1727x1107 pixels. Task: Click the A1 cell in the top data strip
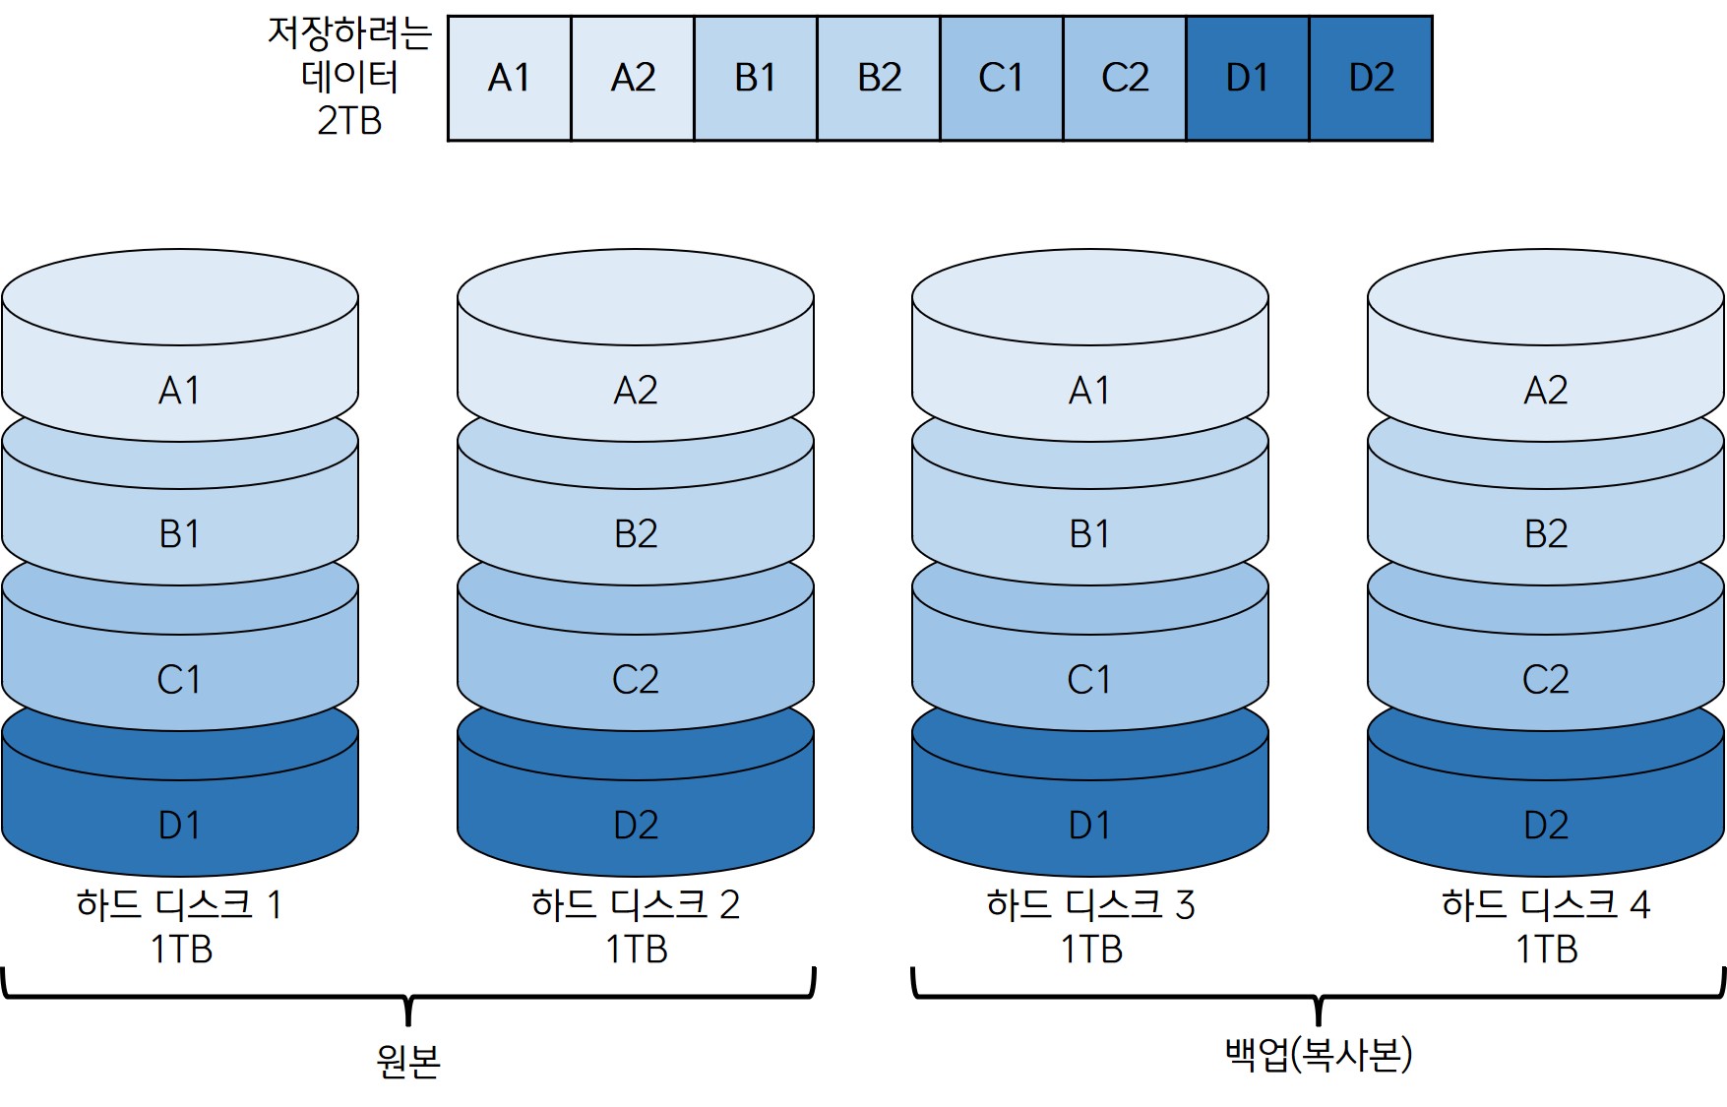pos(509,78)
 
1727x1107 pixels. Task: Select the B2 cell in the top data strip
pos(879,78)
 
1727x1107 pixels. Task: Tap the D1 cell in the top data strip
pos(1248,78)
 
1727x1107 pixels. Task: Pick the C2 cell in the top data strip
pos(1125,78)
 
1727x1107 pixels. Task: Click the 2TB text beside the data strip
pos(349,120)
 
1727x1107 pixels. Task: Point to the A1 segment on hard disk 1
pos(180,391)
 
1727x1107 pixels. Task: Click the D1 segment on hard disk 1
pos(180,825)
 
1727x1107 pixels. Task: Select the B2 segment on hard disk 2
pos(636,533)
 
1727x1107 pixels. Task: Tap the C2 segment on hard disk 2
pos(636,679)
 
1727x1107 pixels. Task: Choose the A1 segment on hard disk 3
pos(1090,391)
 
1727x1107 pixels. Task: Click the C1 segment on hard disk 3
pos(1090,679)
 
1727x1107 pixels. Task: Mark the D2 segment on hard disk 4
pos(1546,825)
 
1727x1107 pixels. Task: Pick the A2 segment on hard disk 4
pos(1546,391)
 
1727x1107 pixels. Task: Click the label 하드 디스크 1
pos(180,904)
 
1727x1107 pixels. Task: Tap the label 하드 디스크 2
pos(636,904)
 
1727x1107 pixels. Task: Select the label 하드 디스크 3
pos(1090,904)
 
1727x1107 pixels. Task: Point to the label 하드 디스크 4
pos(1546,904)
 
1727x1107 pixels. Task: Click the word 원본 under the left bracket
pos(408,1060)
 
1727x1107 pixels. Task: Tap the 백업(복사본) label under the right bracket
pos(1319,1054)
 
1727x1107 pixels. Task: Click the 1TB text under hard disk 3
pos(1091,950)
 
